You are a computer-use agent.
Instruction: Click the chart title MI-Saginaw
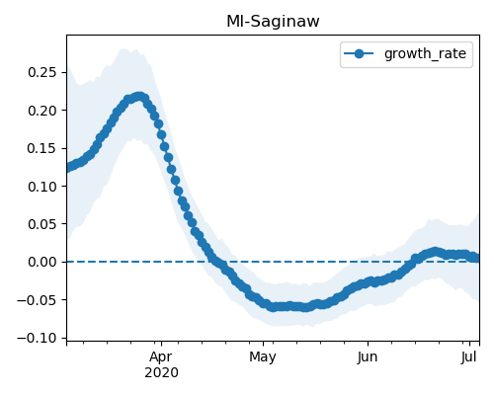273,22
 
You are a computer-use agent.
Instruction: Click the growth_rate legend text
425,53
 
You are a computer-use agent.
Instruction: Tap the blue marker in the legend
359,53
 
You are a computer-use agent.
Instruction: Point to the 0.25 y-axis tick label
42,72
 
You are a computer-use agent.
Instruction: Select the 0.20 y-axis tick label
42,111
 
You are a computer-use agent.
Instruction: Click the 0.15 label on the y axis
42,148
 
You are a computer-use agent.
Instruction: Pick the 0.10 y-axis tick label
42,187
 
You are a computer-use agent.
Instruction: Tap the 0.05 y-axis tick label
42,224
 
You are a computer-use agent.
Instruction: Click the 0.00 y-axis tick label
42,262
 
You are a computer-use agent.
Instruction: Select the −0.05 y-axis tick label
38,300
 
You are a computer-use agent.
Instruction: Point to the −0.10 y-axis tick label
38,338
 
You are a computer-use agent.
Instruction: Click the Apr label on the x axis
161,357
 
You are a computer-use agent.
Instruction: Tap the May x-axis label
263,357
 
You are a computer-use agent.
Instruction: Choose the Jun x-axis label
368,357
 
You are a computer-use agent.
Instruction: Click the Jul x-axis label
469,357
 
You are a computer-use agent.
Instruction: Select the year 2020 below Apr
161,372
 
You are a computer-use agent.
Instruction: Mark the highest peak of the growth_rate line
139,97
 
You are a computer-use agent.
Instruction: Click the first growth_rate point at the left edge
67,168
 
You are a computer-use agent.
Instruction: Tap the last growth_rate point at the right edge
476,258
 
